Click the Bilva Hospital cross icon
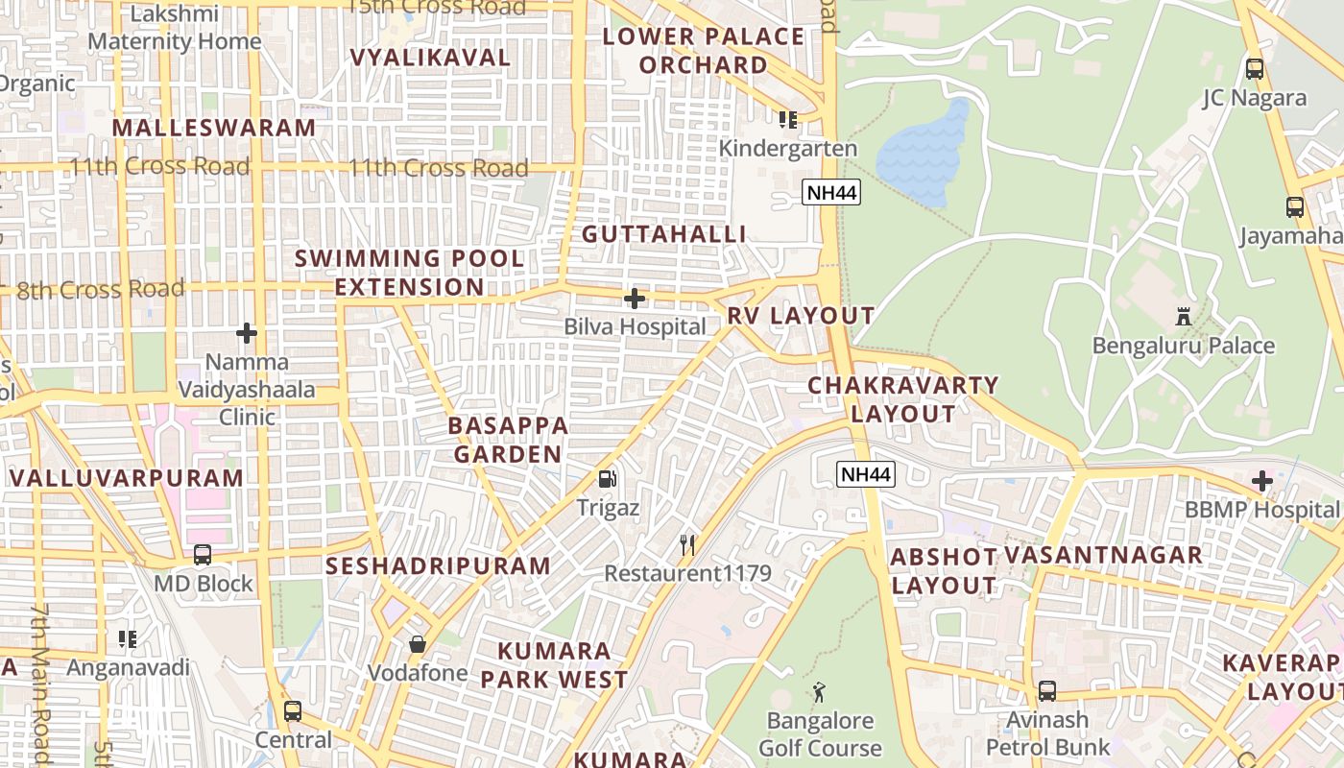635,299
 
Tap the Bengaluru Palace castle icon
1184,316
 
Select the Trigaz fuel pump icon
608,478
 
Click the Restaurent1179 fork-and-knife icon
687,545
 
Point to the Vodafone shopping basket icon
418,643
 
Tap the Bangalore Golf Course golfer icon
819,691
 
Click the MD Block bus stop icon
203,554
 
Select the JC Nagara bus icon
1254,68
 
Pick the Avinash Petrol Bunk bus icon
1047,690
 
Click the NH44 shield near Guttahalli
831,192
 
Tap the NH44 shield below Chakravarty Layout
865,473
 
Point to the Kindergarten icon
788,119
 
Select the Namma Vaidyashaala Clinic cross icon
247,333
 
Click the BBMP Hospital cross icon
1262,480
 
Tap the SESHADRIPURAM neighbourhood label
438,565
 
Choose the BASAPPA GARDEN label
508,440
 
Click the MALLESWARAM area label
213,128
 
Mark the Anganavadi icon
128,638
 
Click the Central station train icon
293,711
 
